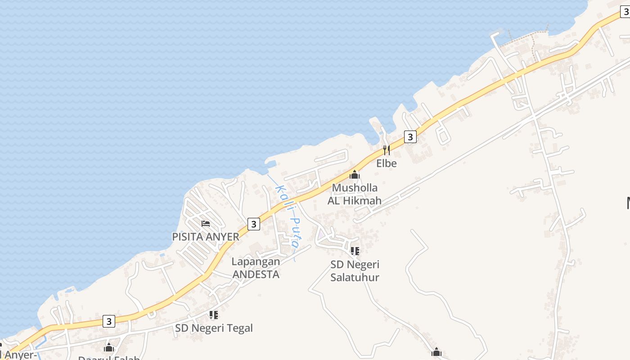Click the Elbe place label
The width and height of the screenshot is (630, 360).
click(x=387, y=163)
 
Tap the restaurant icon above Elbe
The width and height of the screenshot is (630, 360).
click(x=386, y=150)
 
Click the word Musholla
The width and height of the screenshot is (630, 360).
click(x=355, y=188)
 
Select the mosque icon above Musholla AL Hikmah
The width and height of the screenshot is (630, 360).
click(x=355, y=175)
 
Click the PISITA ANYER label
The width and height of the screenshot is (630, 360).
click(x=206, y=237)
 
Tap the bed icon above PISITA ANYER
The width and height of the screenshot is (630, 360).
click(x=206, y=223)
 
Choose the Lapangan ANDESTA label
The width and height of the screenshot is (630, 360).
click(x=256, y=268)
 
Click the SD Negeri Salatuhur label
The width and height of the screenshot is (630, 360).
click(x=355, y=271)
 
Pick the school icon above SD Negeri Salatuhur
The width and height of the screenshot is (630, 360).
click(x=355, y=251)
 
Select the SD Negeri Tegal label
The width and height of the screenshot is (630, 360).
click(x=214, y=328)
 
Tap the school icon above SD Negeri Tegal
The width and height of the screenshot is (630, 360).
click(x=214, y=315)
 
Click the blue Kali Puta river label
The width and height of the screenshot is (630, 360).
click(x=288, y=216)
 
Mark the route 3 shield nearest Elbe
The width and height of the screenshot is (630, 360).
click(x=410, y=136)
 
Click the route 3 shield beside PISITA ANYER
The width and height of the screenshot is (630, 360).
click(x=254, y=224)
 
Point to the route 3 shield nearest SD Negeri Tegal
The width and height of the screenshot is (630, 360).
click(x=108, y=321)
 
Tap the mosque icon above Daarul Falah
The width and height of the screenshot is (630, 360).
click(x=108, y=347)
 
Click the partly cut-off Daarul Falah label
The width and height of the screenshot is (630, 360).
click(x=109, y=357)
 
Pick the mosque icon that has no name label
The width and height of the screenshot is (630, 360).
click(x=436, y=352)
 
